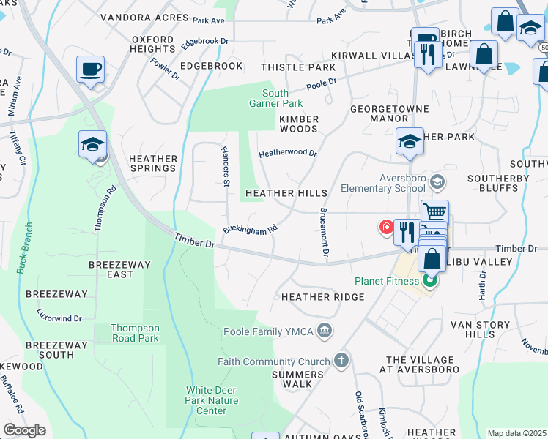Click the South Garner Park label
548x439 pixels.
[275, 99]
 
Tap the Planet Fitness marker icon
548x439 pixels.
[431, 281]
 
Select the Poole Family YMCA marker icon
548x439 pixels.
[326, 332]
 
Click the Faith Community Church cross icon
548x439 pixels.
[340, 361]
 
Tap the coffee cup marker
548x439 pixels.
[91, 70]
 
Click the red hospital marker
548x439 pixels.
[385, 228]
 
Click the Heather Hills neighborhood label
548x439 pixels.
[286, 192]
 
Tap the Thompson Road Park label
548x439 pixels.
[135, 334]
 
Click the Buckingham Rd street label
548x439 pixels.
[250, 229]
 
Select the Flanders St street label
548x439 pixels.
[226, 165]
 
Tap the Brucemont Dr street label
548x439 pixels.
[324, 232]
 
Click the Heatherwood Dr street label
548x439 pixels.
[287, 154]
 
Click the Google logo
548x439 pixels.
[24, 430]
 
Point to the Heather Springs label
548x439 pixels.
[152, 163]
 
